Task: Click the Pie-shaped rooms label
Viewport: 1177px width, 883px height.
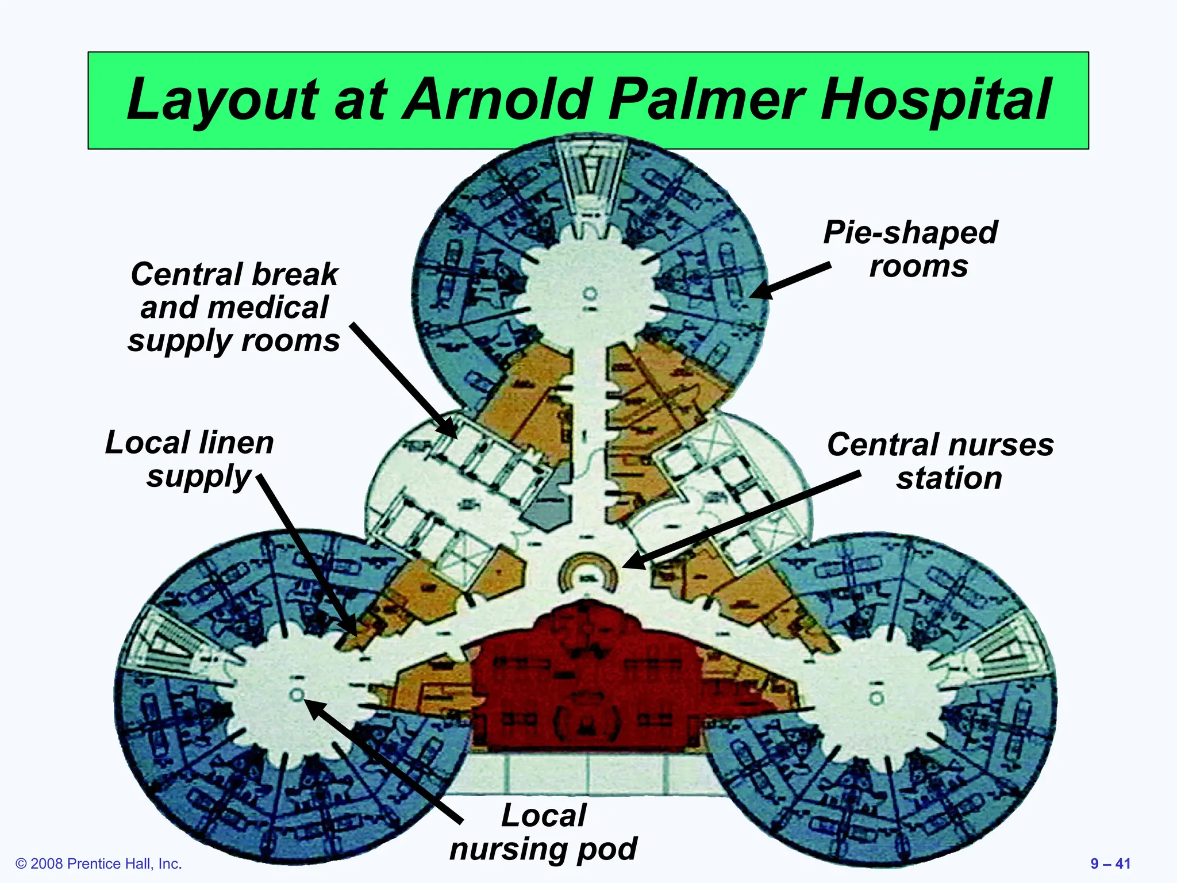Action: click(x=911, y=249)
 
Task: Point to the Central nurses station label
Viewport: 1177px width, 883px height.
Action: click(x=941, y=461)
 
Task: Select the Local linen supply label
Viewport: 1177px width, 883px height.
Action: click(x=190, y=459)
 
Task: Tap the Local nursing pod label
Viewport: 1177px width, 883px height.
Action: click(x=544, y=831)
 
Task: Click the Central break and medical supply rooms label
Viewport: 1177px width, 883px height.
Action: click(x=234, y=307)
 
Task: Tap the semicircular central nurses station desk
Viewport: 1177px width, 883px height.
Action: click(x=588, y=571)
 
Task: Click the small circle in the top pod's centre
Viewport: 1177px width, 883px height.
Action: click(x=590, y=294)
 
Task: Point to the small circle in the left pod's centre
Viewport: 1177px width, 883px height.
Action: click(x=297, y=694)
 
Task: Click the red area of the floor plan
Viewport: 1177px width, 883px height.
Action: click(x=586, y=678)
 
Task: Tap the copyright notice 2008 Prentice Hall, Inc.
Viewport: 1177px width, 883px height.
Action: click(x=99, y=863)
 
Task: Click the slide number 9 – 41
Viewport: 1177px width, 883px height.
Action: click(x=1110, y=863)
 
